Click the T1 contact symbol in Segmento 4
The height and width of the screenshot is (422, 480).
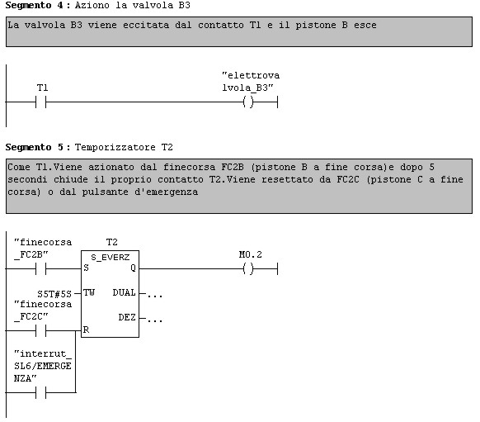point(40,102)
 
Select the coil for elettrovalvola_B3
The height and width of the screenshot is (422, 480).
point(248,102)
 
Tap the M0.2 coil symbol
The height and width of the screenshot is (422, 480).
point(248,268)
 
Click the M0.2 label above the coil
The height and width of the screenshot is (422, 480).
point(251,254)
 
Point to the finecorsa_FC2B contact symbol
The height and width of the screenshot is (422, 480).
point(40,268)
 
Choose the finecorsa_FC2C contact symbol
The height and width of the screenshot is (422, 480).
point(40,330)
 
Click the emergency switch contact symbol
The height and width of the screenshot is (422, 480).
point(40,392)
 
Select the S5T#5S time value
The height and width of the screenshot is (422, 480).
point(54,294)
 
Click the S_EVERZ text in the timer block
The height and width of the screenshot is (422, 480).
point(111,258)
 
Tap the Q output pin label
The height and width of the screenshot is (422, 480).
point(133,268)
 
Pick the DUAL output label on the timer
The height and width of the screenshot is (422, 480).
point(124,292)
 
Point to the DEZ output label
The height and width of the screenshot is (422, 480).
point(127,317)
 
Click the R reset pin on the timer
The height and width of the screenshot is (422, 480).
point(86,330)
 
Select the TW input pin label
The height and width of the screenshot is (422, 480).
point(89,292)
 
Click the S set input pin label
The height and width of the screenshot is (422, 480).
point(86,268)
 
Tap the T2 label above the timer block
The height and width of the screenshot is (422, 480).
point(111,243)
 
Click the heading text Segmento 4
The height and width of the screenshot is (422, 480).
point(35,6)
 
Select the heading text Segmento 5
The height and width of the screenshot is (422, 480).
point(35,147)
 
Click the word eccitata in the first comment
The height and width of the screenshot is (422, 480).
point(146,25)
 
